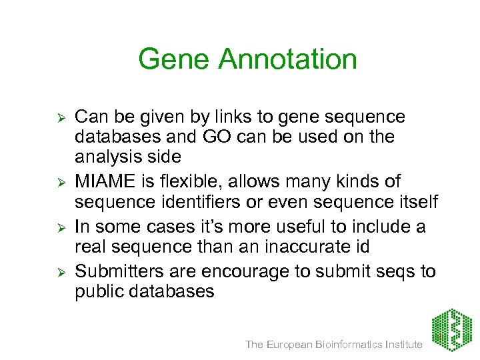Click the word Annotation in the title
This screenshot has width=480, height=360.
(x=288, y=59)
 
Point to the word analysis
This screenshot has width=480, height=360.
(x=107, y=158)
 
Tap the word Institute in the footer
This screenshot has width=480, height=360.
(x=402, y=344)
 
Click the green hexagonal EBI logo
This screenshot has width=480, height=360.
(x=451, y=330)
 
